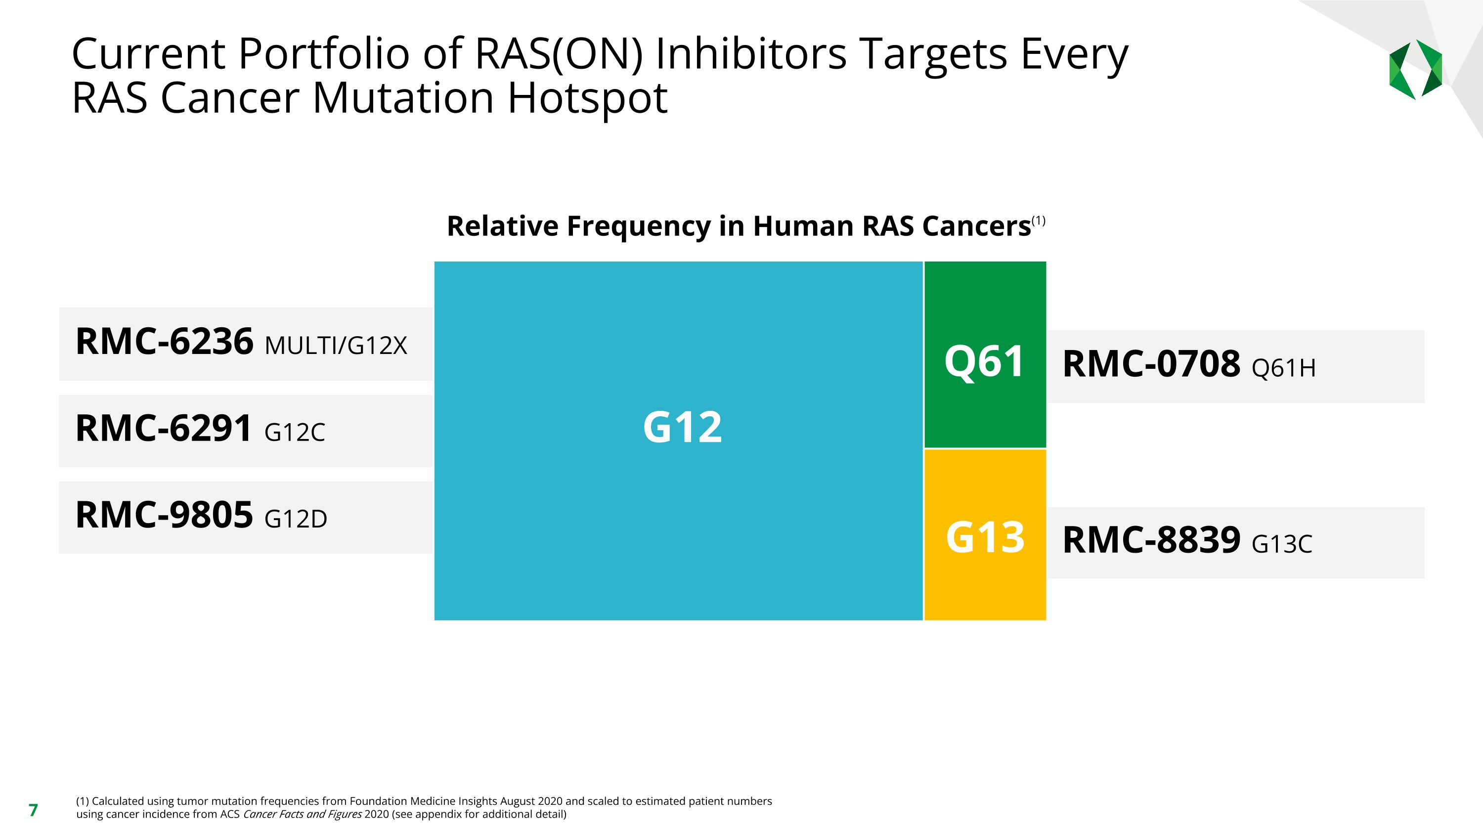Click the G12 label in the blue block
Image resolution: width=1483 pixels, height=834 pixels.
pos(682,428)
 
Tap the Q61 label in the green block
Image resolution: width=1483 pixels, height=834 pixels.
pos(984,362)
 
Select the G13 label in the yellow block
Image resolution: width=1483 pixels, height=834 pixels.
pos(985,537)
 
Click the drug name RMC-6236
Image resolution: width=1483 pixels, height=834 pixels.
pos(164,342)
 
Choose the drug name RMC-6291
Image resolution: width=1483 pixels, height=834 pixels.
pos(164,429)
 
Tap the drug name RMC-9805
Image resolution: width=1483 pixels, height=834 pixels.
pos(164,515)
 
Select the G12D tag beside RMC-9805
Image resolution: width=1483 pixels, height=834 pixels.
pos(295,519)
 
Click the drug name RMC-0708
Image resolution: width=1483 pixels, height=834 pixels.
pos(1151,364)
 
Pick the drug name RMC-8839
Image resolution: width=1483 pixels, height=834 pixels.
pos(1151,540)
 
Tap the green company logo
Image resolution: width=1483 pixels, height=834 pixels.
pos(1415,70)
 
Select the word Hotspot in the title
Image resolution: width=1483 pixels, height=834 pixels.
pos(587,98)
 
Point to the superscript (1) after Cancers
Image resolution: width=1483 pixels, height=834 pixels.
pos(1039,220)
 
